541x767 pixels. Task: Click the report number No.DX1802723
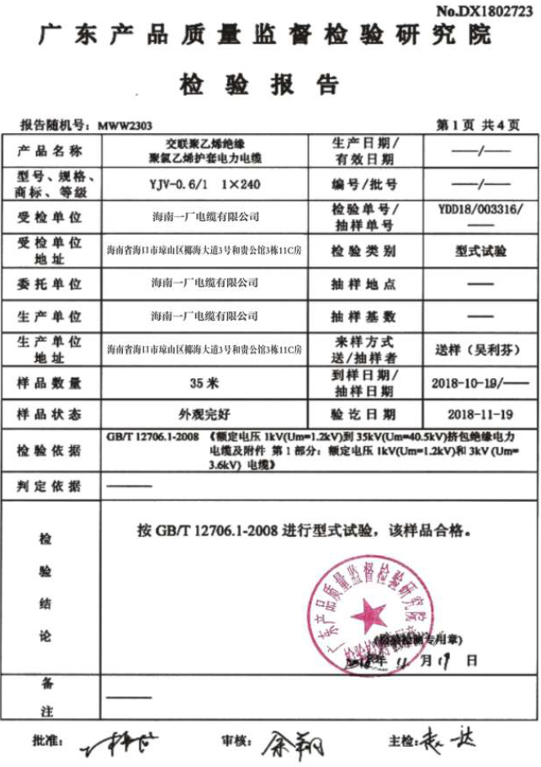click(485, 10)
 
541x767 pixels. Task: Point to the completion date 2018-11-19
click(480, 415)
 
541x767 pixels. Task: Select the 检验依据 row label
click(50, 450)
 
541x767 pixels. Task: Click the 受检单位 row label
click(50, 217)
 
